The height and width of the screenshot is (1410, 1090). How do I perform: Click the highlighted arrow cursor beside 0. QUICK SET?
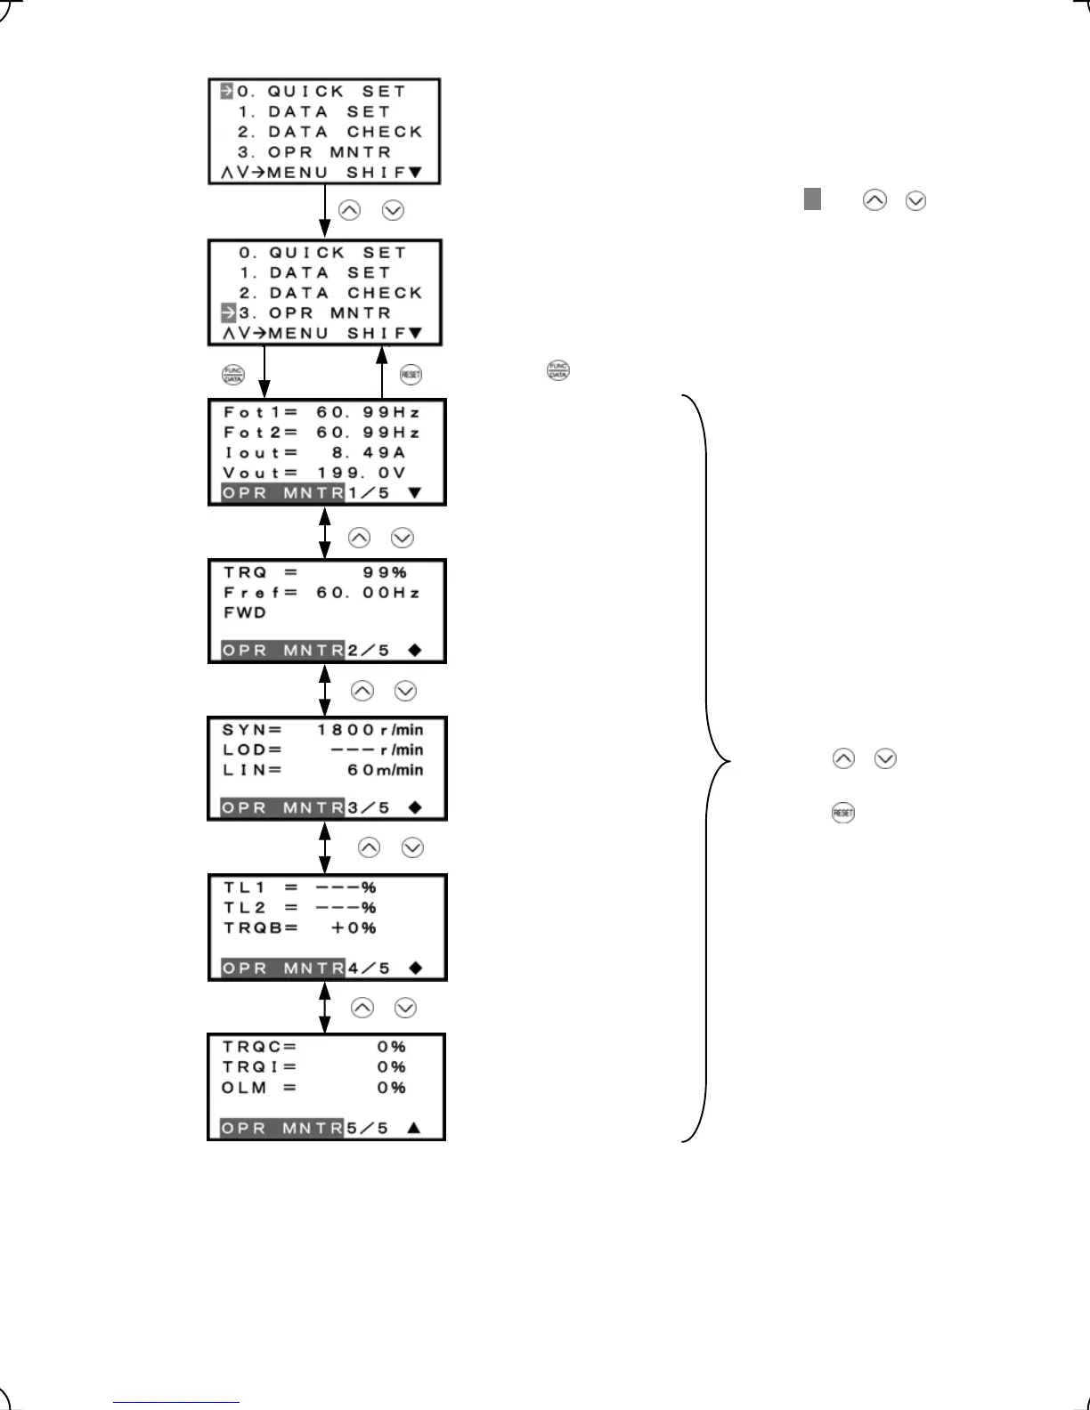click(x=226, y=91)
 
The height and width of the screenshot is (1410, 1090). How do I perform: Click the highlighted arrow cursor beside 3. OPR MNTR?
click(x=228, y=312)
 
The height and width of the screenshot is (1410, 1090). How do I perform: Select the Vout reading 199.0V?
click(x=362, y=473)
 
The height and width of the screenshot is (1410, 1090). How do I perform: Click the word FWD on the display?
click(x=245, y=612)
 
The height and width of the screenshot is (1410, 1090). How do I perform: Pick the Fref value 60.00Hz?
click(x=368, y=593)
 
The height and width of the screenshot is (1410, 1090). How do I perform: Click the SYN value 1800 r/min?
click(x=370, y=730)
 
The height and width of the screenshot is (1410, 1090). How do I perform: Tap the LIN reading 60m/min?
click(x=385, y=770)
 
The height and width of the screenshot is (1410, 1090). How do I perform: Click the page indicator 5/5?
click(x=368, y=1128)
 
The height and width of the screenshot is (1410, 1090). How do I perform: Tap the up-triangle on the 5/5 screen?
click(x=413, y=1128)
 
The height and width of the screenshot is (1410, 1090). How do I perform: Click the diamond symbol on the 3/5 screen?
click(x=414, y=807)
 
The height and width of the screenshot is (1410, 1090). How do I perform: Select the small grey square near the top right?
click(x=812, y=199)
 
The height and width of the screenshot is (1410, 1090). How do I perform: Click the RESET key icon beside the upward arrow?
click(x=411, y=374)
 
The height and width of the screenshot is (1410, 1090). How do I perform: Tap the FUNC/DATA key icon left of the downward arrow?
click(x=232, y=374)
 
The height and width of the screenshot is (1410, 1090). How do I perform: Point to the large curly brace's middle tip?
click(x=728, y=762)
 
